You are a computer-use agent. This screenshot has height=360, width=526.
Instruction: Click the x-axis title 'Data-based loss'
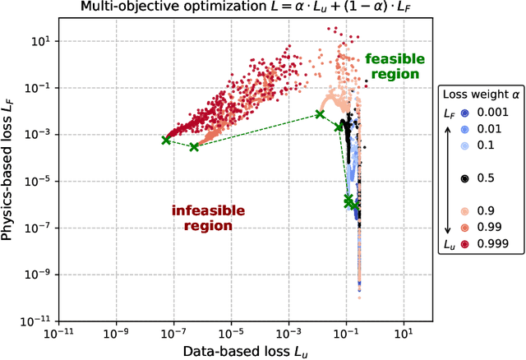click(x=229, y=351)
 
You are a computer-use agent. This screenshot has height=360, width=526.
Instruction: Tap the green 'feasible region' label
click(x=392, y=67)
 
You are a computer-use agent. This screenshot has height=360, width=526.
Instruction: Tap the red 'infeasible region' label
click(x=201, y=218)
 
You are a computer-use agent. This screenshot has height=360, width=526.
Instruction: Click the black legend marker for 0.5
click(x=464, y=178)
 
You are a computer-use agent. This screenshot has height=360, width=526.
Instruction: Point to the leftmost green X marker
click(x=165, y=141)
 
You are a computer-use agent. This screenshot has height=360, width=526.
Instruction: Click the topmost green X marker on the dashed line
click(x=321, y=114)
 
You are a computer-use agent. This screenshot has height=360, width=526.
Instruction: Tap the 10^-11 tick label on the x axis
click(x=57, y=332)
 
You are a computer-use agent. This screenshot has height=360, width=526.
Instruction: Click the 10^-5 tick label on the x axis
click(x=230, y=332)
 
